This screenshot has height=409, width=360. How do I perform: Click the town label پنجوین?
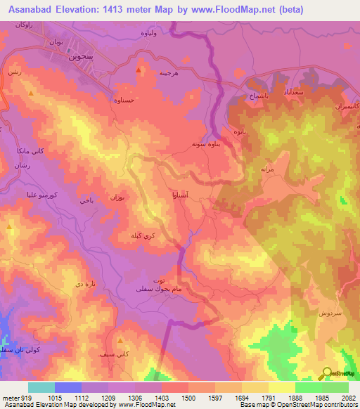81,58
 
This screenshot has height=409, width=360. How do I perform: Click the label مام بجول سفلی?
148,289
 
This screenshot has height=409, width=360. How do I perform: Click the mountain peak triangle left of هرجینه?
139,70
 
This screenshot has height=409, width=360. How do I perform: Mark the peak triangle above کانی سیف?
121,341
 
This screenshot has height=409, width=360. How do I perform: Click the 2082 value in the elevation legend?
349,396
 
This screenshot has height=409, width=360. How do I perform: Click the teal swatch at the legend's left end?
41,387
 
